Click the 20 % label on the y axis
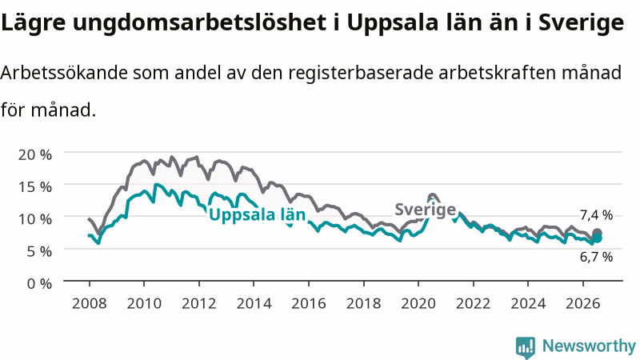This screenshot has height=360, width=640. pos(35,154)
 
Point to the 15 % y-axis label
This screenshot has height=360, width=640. pos(35,187)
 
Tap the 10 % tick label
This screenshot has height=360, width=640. pos(35,219)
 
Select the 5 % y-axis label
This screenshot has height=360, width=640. pos(39,251)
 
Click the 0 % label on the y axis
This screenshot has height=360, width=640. pos(39,284)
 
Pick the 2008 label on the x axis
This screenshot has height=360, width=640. pos(90,304)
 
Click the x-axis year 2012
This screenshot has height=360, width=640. pos(199,304)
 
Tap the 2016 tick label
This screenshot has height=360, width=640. pos(309,304)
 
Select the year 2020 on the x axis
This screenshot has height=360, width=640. pos(418,304)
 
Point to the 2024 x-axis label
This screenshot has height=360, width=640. pos(528,304)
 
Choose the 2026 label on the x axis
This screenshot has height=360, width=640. pos(583,304)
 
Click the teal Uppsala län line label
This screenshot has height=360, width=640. pos(257,215)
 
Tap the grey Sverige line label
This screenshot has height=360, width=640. pos(426,210)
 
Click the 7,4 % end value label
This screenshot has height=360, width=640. pos(596,215)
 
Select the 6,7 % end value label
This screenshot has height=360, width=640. pos(596,257)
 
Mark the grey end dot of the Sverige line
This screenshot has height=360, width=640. pos(597,233)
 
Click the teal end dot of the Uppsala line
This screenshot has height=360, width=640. pos(597,238)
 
